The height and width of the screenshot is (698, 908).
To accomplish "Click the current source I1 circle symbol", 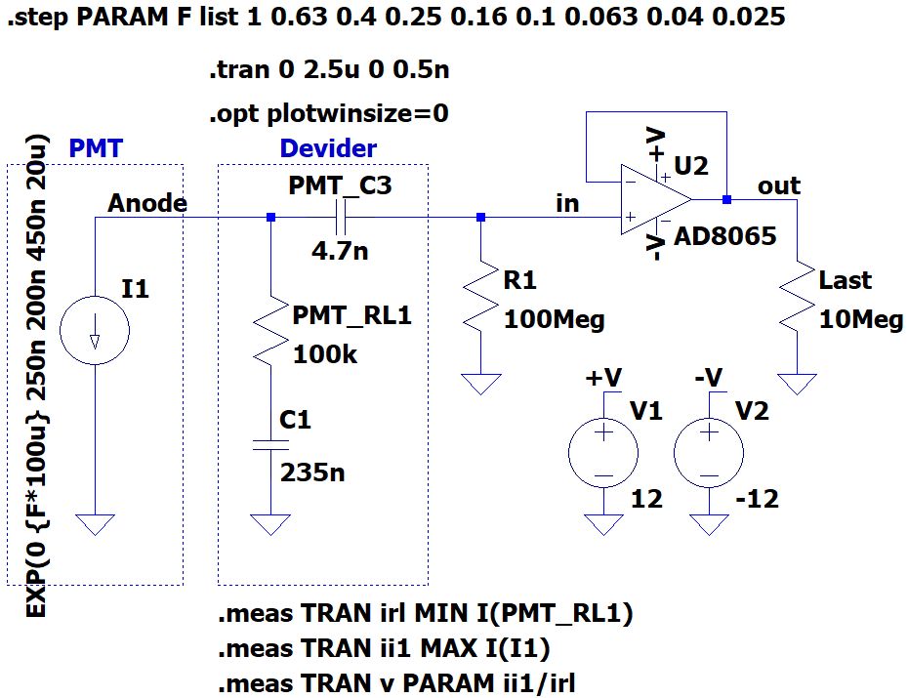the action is click(x=95, y=330).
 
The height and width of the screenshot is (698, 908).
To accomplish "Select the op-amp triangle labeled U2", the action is click(x=655, y=200).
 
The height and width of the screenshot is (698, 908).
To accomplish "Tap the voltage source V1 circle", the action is click(x=603, y=453).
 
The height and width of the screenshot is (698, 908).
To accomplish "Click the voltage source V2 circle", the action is click(x=709, y=453).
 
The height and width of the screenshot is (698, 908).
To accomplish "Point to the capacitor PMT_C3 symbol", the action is click(x=341, y=218).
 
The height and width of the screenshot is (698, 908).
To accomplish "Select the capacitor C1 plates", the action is click(x=270, y=444).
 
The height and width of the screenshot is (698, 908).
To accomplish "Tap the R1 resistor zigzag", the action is click(x=480, y=297).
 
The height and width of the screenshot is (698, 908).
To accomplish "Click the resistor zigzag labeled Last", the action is click(x=798, y=297).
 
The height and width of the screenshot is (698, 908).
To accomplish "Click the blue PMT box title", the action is click(x=96, y=148).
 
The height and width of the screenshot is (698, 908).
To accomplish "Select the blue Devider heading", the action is click(x=328, y=148).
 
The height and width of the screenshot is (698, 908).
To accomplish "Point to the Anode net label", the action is click(x=147, y=203).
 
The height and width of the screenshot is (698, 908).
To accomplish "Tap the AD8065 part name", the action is click(x=725, y=236).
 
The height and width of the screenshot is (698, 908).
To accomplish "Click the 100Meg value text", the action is click(x=555, y=319).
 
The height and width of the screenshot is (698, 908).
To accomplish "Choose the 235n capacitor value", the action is click(x=312, y=472).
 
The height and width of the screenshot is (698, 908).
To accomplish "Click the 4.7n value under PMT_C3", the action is click(x=340, y=251).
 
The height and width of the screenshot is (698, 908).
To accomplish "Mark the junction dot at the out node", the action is click(x=726, y=200).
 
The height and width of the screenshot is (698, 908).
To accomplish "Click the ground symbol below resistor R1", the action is click(x=480, y=384).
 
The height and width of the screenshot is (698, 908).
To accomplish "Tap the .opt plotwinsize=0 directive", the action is click(x=329, y=113).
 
